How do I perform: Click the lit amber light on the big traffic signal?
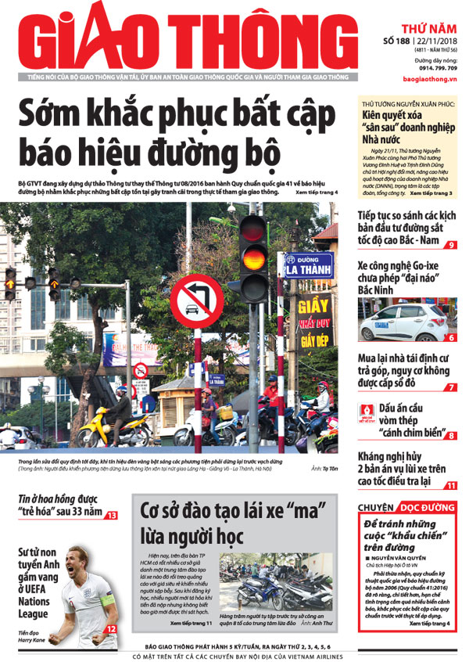point(252,257)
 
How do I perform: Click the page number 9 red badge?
point(453,245)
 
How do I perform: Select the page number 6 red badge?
point(453,337)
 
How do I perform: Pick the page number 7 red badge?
point(452,387)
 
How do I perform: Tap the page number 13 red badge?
point(112,515)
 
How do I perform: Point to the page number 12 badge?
point(112,629)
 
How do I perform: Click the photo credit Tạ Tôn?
point(326,469)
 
